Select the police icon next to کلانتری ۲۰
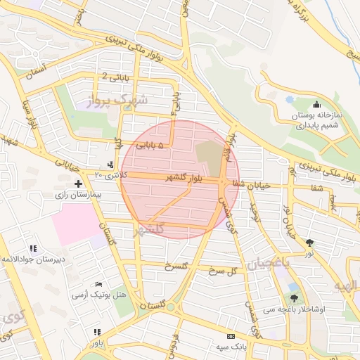pyautogui.click(x=110, y=165)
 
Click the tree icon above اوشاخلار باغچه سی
pyautogui.click(x=294, y=298)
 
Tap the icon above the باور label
pyautogui.click(x=97, y=331)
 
